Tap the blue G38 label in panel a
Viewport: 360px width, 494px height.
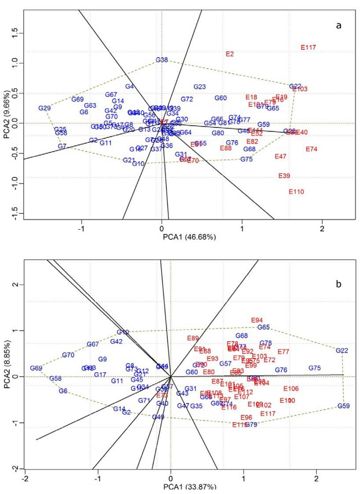162,60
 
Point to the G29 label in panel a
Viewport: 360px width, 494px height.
45,108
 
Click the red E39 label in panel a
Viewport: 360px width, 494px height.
284,176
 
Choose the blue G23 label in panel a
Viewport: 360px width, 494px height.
199,87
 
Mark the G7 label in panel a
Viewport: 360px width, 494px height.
62,146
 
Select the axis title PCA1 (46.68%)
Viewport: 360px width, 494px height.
188,236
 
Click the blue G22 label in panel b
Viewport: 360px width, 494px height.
342,351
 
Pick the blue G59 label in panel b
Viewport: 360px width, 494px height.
343,406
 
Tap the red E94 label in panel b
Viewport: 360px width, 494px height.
256,320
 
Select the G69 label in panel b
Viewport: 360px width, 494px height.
37,368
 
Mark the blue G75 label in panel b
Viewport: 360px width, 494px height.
315,368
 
